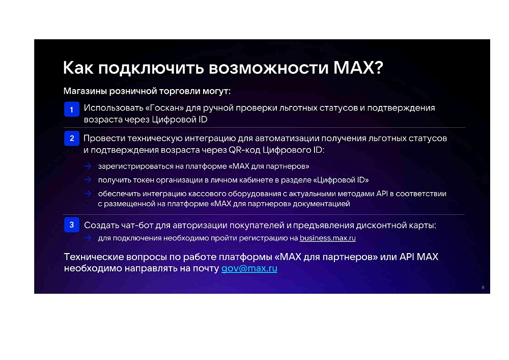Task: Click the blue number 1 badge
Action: [72, 109]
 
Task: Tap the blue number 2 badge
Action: [72, 139]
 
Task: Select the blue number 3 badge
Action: [72, 225]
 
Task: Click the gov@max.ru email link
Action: [249, 268]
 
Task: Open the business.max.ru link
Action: [327, 238]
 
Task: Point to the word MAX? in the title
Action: [358, 68]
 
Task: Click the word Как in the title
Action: [78, 68]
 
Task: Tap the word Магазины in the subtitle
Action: [85, 91]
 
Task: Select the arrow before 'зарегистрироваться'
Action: [88, 166]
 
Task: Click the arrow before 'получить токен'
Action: [88, 180]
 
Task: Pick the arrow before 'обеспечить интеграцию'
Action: [88, 193]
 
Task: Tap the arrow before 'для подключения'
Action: [88, 238]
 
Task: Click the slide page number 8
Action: [483, 287]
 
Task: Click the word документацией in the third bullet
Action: [321, 204]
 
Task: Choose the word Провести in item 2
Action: [104, 139]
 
